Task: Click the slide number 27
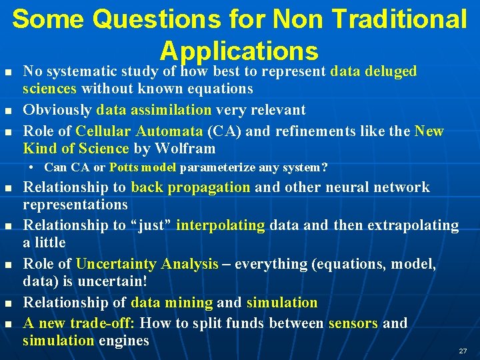click(x=462, y=351)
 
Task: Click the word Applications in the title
click(x=239, y=51)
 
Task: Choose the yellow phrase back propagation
click(x=191, y=187)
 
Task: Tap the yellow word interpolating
click(x=220, y=225)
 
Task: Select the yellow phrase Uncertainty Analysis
click(x=147, y=264)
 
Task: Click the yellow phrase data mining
click(x=171, y=303)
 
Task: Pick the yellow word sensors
click(x=353, y=323)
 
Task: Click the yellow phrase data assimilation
click(x=154, y=110)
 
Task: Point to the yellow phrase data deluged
click(x=373, y=71)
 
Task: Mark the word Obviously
click(x=58, y=110)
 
